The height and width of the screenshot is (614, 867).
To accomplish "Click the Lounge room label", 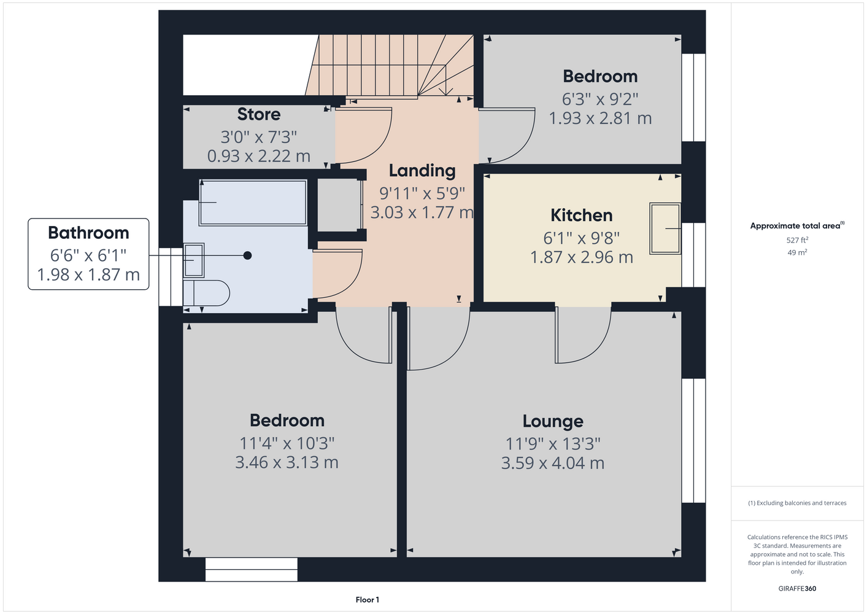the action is click(x=553, y=421).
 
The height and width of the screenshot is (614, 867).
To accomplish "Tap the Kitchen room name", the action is click(x=581, y=216).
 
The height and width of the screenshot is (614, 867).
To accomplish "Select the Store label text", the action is click(x=258, y=114).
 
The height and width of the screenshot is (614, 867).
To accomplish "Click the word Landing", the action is click(x=422, y=171).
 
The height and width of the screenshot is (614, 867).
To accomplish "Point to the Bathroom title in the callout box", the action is click(x=88, y=233).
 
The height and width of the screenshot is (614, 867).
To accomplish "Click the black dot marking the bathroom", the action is click(x=247, y=255).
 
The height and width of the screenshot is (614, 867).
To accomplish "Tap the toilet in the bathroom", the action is click(x=206, y=293).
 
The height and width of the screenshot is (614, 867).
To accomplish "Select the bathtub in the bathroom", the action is click(x=253, y=202).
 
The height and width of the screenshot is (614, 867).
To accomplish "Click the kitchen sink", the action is click(x=665, y=228).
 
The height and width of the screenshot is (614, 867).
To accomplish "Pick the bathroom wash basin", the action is click(x=193, y=260).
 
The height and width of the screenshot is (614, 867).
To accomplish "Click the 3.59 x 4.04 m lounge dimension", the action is click(x=553, y=463).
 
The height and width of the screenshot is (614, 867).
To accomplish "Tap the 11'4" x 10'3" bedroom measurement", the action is click(x=287, y=443).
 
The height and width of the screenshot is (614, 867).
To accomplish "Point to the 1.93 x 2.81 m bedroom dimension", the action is click(x=600, y=118).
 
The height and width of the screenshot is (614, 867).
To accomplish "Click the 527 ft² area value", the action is click(x=797, y=240).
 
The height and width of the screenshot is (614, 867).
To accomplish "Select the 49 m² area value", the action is click(x=797, y=252).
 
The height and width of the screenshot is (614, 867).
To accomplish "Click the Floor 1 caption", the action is click(x=368, y=600).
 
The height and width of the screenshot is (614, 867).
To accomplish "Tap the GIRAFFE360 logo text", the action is click(x=797, y=588).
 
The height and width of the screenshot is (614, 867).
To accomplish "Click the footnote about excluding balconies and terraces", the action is click(x=797, y=503).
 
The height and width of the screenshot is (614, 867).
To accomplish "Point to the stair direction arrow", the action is click(x=446, y=80).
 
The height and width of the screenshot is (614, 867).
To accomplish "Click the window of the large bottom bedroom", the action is click(x=251, y=569).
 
